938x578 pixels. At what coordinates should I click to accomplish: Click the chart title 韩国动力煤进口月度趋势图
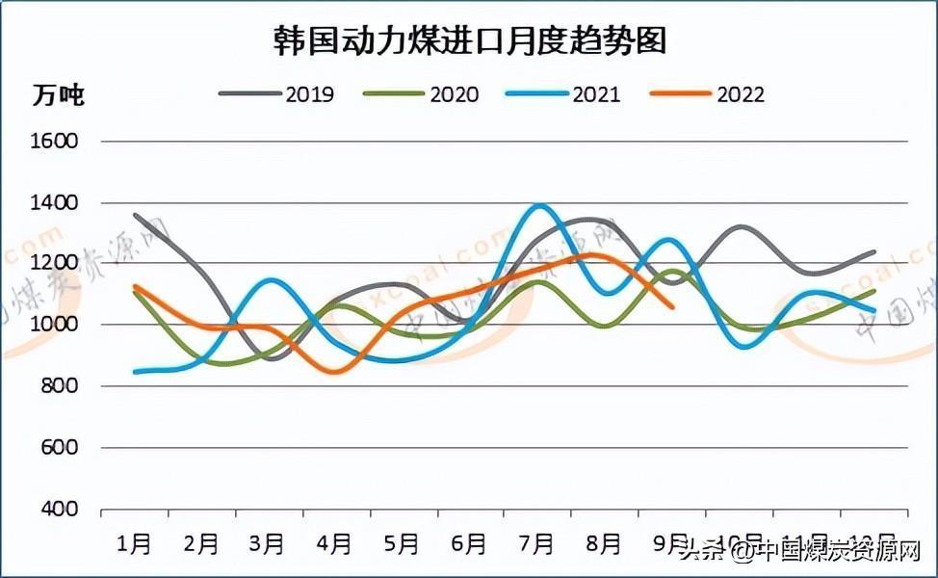pos(469,40)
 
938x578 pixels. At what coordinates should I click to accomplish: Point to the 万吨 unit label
pos(59,95)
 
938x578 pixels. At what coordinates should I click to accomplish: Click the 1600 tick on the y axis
pos(54,142)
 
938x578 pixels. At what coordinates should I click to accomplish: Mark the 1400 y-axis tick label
pos(54,203)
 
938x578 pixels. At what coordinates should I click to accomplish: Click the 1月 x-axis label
pos(135,544)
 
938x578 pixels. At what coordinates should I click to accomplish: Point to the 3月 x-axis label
pos(267,544)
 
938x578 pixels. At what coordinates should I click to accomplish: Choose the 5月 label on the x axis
pos(402,544)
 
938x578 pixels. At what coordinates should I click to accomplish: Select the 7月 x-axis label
pos(536,544)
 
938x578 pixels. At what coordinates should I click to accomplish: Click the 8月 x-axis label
pos(604,544)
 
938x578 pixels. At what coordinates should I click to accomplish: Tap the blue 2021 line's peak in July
pos(539,205)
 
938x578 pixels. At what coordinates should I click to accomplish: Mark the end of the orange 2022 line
pos(672,307)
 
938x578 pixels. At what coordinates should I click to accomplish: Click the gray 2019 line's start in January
pos(135,215)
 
